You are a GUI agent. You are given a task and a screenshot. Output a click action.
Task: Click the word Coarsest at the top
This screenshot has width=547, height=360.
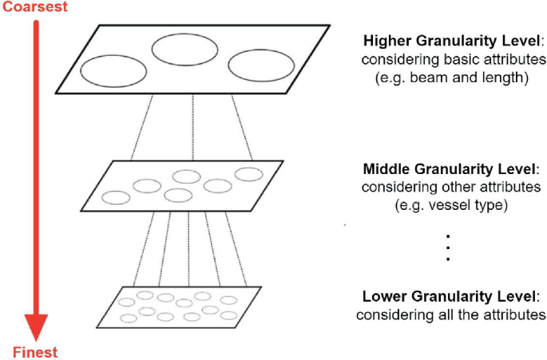pyautogui.click(x=34, y=7)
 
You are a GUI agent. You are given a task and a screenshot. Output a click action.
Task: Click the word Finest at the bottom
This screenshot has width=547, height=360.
pyautogui.click(x=35, y=352)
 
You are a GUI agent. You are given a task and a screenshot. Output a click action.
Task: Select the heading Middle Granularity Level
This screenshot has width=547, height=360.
pyautogui.click(x=450, y=169)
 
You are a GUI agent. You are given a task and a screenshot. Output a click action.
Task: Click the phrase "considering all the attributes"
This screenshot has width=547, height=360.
pyautogui.click(x=451, y=315)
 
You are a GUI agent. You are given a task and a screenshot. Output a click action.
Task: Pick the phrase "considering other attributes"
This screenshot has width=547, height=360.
pyautogui.click(x=451, y=188)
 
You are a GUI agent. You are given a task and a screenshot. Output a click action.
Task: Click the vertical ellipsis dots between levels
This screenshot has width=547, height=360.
pyautogui.click(x=449, y=247)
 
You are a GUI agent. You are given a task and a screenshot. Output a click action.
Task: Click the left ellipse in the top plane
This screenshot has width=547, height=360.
pyautogui.click(x=113, y=70)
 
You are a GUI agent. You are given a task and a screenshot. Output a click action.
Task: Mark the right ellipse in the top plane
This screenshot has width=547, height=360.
pyautogui.click(x=257, y=65)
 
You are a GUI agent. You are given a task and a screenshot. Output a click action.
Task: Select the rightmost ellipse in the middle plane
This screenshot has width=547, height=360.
pyautogui.click(x=248, y=174)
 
